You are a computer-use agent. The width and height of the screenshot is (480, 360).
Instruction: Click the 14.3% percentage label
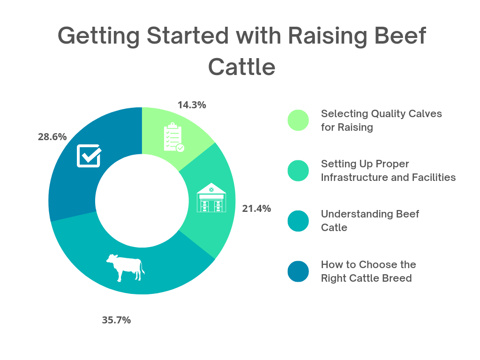point(192,105)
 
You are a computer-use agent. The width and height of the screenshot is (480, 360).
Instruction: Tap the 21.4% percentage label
point(256,209)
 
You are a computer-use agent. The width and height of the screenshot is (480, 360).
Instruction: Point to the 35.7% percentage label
point(116,320)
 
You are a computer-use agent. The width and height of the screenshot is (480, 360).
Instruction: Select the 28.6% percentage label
point(52,137)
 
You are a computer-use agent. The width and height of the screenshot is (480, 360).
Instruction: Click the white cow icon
point(125,268)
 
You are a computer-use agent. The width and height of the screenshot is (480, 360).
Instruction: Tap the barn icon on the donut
point(211,197)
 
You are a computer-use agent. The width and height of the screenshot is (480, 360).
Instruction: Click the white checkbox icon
point(89,155)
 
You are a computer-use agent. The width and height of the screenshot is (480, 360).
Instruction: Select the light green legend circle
point(298,120)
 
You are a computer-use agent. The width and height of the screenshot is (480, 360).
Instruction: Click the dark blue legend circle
point(298,272)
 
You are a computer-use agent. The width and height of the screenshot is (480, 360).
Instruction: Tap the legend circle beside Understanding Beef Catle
point(298,221)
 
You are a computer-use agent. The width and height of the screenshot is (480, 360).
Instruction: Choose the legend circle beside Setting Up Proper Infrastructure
point(298,171)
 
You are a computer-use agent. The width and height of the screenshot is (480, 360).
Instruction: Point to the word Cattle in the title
point(241,67)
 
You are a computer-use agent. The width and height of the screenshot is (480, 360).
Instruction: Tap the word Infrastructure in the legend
point(357,178)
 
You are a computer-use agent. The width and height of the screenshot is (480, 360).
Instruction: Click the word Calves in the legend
point(426,114)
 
